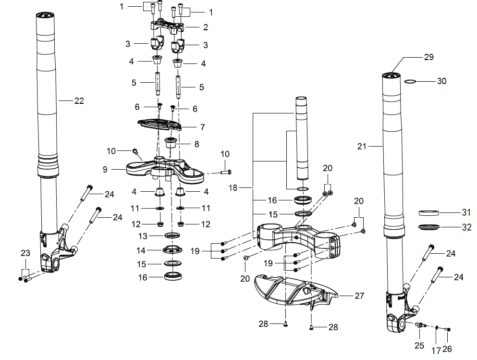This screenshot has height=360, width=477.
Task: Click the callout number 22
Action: [x=79, y=101]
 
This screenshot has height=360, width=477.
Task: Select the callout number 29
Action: [x=428, y=57]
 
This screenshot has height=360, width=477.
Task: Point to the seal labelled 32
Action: [x=428, y=227]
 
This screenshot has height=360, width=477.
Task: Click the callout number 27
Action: [x=360, y=296]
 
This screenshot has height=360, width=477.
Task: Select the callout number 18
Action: [x=233, y=188]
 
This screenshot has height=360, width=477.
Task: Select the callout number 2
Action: [x=205, y=27]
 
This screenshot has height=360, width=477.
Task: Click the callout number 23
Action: [x=25, y=253]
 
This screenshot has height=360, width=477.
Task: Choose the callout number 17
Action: [x=436, y=351]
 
